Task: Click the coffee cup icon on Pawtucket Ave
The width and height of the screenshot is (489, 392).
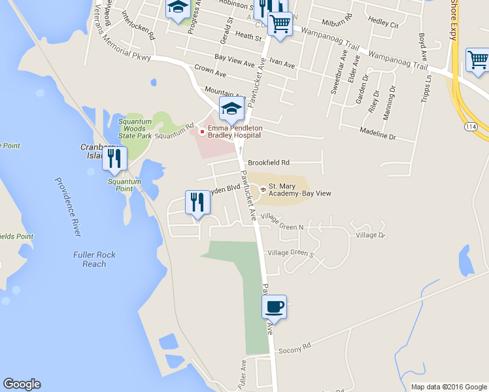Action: (x=275, y=306)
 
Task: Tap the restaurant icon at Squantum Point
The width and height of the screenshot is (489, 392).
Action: (x=115, y=158)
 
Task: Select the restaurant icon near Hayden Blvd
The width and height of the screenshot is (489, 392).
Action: (x=197, y=202)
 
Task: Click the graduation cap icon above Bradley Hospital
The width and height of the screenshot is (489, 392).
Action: (x=231, y=110)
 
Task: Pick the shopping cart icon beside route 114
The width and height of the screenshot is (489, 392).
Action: (x=477, y=60)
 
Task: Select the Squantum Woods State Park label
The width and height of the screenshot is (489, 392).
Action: (x=135, y=128)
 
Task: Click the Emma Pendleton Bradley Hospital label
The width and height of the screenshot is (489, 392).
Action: (x=235, y=131)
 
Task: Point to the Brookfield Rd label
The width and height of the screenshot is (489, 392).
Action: (x=268, y=162)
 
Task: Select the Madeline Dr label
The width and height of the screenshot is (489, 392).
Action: (x=378, y=133)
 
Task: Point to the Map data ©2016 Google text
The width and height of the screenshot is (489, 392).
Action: (x=448, y=387)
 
